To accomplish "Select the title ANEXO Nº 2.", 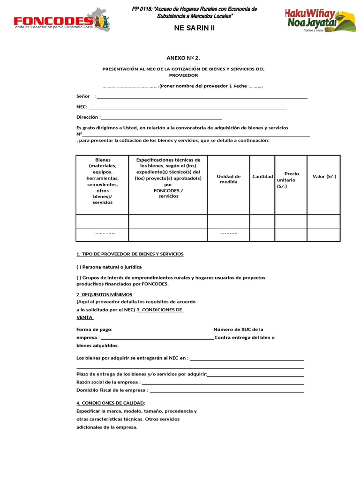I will coord(183,58).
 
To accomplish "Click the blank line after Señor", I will coord(202,97).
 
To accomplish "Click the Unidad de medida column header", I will coord(228,179).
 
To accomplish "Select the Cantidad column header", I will coord(262,176).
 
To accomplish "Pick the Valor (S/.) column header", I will coord(324,176).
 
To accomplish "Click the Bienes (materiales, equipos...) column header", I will coord(102,181).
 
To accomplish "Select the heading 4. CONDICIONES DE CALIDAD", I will coord(111,403).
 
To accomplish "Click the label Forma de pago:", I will coord(94,330).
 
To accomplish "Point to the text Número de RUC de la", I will coord(238,330).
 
